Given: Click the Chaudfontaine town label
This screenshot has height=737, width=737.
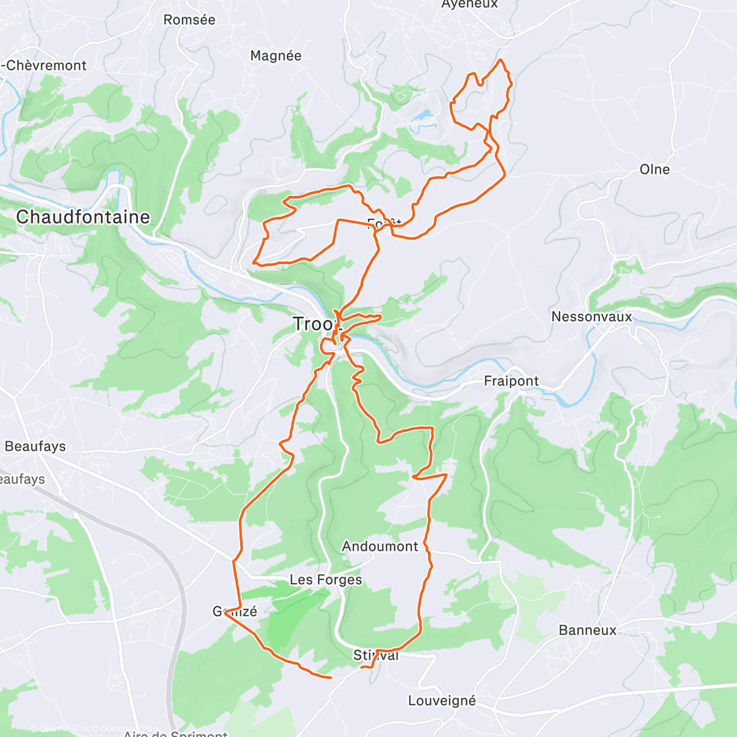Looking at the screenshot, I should coord(83,217).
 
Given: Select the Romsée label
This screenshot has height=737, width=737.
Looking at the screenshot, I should coord(189,20).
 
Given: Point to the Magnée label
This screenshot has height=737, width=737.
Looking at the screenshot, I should coord(276,56).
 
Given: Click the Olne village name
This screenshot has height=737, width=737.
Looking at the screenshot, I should coord(655,170).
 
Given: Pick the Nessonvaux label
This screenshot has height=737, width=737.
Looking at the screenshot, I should coord(591,317).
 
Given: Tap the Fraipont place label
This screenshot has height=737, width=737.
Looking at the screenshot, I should coord(511,381).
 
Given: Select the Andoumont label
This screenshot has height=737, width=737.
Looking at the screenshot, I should coord(380,547).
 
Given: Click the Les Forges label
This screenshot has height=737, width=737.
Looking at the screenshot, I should coord(326,580).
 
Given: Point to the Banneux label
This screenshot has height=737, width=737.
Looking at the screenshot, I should coord(587,630).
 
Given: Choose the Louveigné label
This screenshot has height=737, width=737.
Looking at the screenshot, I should coord(442,701).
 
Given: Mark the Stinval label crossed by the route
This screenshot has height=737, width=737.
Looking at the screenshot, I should coord(376,655).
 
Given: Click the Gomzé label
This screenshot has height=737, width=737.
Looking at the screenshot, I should coord(235,611).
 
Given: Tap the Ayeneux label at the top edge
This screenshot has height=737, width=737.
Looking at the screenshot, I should coord(470,5).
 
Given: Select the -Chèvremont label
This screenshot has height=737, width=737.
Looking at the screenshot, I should coord(44,66).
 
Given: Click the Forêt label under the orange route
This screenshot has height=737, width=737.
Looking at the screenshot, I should coord(384,224).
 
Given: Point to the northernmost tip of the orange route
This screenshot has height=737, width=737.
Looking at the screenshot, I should coord(501,60).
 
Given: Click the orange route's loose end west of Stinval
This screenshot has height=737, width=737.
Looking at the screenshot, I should coord(331,677).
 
